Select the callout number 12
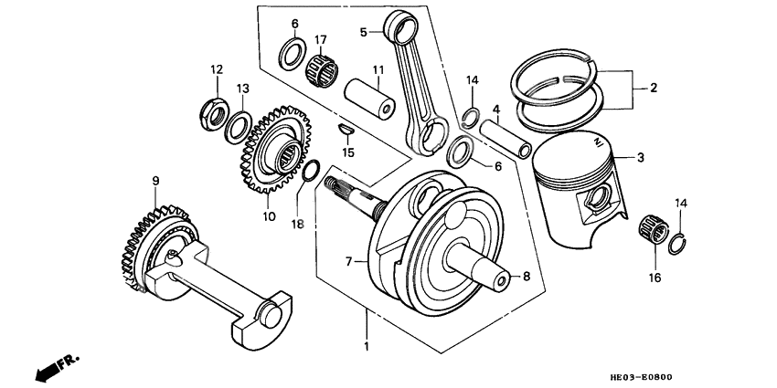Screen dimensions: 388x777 pos(217,69)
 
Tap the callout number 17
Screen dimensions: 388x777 pos(321,40)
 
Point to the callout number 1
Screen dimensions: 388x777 pos(367,347)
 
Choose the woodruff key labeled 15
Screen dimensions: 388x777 pos(345,130)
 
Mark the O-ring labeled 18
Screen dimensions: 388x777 pos(309,170)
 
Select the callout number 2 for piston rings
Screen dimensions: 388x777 pos(654,89)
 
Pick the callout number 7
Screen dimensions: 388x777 pos(348,261)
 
